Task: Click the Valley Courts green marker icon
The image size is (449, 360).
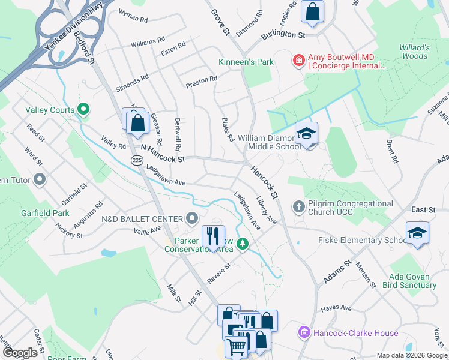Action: click(x=83, y=110)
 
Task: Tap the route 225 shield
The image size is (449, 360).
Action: click(x=137, y=160)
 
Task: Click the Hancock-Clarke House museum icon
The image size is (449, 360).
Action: click(x=304, y=332)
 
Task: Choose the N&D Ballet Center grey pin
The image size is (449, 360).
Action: click(x=192, y=218)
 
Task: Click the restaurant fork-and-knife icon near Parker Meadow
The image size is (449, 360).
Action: click(x=213, y=236)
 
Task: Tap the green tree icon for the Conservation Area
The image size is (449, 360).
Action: click(x=243, y=244)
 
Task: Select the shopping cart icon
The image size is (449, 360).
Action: click(x=237, y=347)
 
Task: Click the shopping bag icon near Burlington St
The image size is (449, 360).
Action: click(x=312, y=11)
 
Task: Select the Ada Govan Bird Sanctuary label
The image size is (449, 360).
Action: click(x=412, y=280)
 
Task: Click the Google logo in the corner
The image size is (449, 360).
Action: click(x=20, y=352)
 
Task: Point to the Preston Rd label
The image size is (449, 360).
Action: click(x=201, y=83)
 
